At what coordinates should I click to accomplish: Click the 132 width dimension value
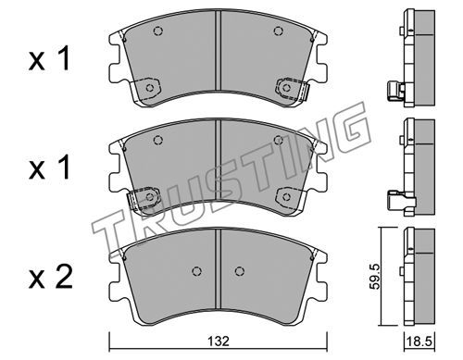click(x=219, y=341)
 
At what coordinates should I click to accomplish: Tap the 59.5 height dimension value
click(x=376, y=276)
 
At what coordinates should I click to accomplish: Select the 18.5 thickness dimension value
click(x=420, y=341)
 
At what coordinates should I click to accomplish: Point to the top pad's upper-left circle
click(x=158, y=31)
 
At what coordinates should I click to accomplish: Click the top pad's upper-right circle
click(x=279, y=31)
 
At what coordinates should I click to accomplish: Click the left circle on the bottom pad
click(x=196, y=271)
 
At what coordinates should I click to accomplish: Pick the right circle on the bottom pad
click(x=240, y=271)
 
